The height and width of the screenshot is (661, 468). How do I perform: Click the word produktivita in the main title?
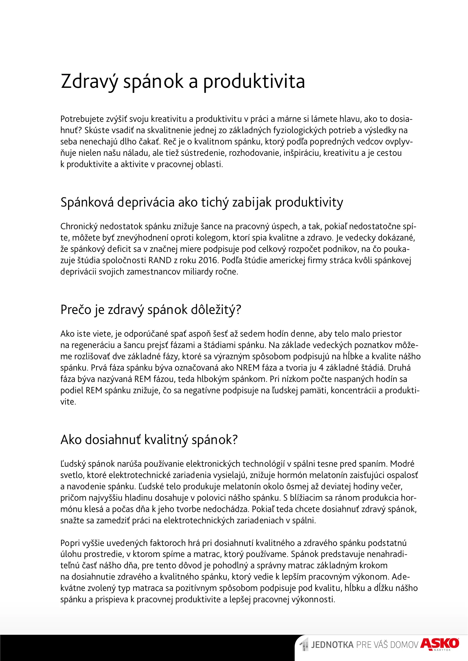(x=254, y=82)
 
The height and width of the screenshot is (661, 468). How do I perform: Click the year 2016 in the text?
(x=208, y=260)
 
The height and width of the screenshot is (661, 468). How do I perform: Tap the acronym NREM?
(x=248, y=368)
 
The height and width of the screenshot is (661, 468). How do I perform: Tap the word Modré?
(x=402, y=464)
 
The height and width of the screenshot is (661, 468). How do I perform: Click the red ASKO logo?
(x=440, y=643)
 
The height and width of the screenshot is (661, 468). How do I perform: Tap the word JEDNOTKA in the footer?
(x=332, y=645)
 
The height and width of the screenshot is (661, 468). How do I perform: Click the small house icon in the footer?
(x=304, y=644)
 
